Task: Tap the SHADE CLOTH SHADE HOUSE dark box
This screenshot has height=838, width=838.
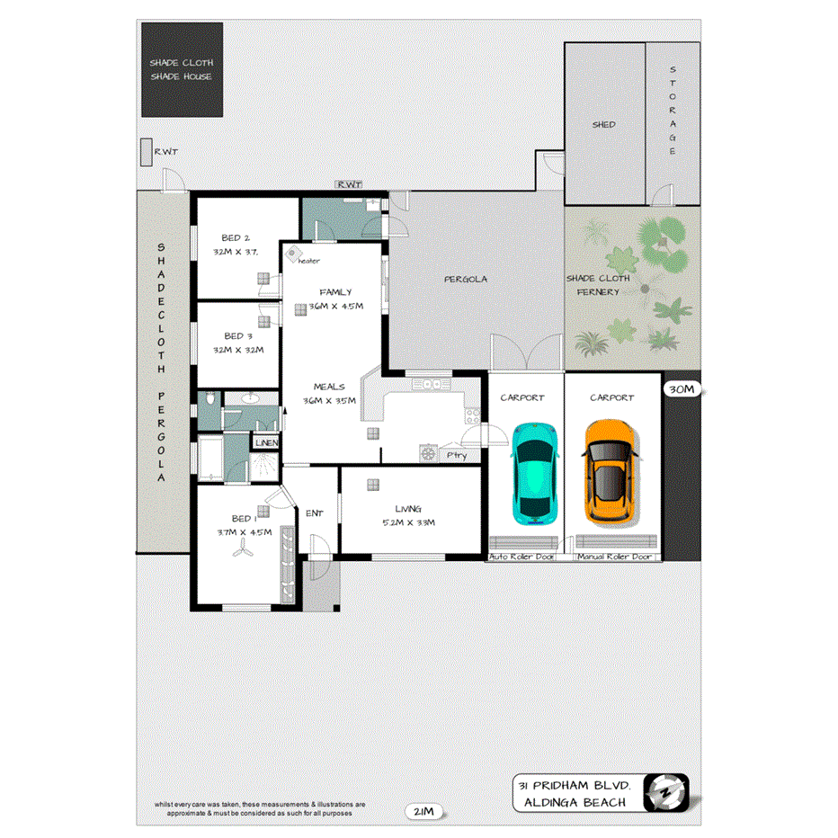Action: pos(182,70)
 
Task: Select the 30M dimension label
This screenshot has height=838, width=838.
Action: pos(681,389)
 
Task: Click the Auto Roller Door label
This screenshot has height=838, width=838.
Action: pos(522,557)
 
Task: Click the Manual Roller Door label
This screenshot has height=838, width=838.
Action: pos(616,557)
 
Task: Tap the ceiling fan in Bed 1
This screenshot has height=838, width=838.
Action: pos(240,554)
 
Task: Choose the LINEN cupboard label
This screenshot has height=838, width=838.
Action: pos(266,443)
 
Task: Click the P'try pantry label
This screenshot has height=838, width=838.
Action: pos(457,455)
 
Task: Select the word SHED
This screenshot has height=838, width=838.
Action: pos(604,124)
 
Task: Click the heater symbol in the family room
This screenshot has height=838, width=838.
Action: pos(293,254)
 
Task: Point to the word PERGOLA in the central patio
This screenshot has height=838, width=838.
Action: pos(466,279)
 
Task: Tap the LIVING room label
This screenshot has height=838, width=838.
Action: pos(407,508)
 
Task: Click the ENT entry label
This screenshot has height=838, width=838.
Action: pos(314,513)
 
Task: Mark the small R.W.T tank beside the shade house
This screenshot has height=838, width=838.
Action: pos(147,152)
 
